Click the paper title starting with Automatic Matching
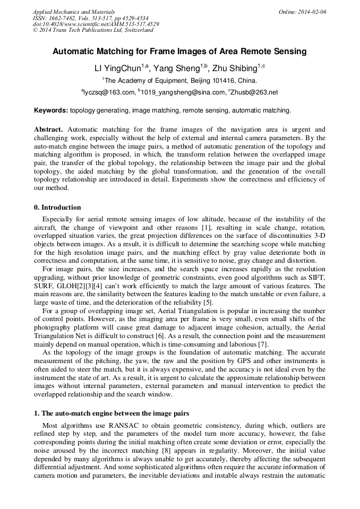[179, 51]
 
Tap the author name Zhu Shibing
[234, 68]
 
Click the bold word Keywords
[50, 110]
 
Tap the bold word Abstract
[48, 129]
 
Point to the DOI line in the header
[96, 24]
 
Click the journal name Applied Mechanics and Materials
[73, 12]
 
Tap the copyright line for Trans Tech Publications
[93, 30]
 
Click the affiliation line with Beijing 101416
[179, 81]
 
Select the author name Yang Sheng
[179, 68]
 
